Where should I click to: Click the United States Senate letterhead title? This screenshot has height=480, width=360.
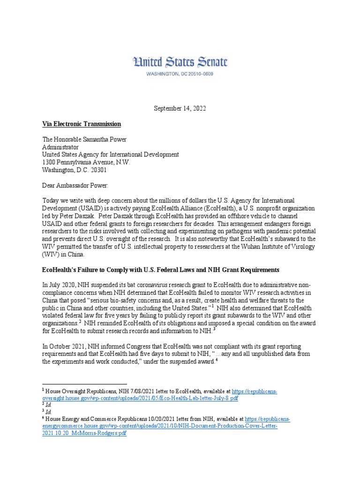(x=180, y=62)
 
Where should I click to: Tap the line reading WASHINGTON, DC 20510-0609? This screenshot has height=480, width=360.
(x=180, y=74)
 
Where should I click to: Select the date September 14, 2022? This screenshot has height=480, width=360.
(x=180, y=108)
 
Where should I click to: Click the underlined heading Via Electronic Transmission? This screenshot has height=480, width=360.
(x=82, y=124)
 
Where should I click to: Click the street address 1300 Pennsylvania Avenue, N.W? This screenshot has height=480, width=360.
(x=86, y=162)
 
